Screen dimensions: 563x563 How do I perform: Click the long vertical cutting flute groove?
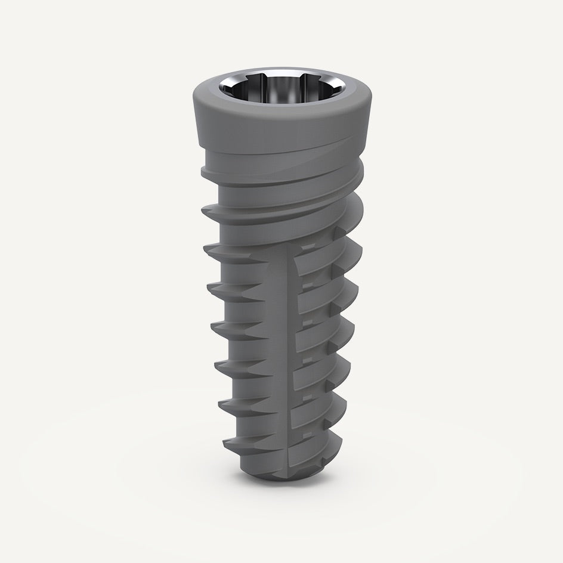coord(286,358)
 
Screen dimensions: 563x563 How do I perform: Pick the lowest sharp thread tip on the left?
coord(225,444)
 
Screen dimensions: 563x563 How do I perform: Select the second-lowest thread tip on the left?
coord(220,405)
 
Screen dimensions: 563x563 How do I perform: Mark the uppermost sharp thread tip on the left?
coord(204,209)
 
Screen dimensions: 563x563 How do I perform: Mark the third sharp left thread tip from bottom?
coord(215,365)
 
